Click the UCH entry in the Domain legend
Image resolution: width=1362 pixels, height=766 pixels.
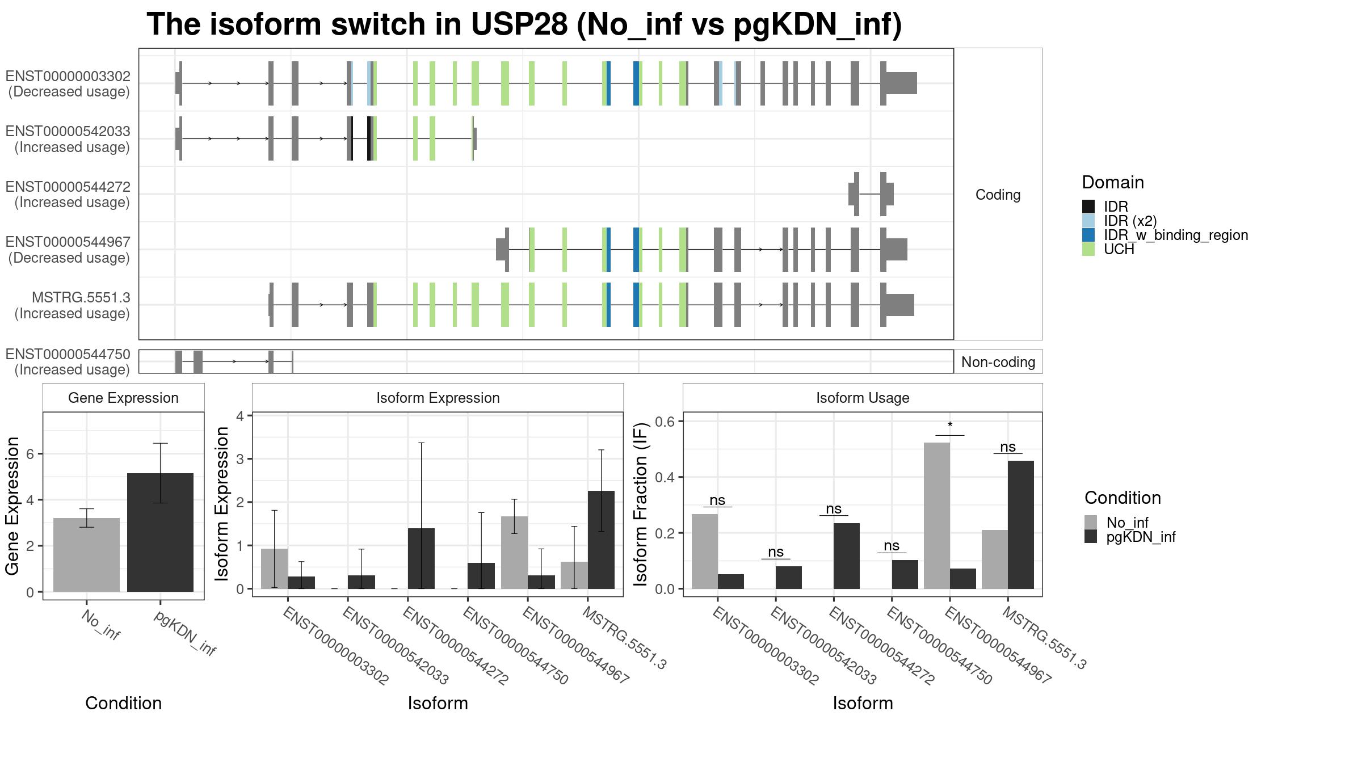[1119, 249]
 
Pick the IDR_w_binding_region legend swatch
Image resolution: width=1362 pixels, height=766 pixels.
[1088, 235]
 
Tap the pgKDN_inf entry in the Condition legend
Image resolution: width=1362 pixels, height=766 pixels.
[1141, 537]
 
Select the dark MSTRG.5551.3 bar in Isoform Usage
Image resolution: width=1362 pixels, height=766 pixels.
[1020, 524]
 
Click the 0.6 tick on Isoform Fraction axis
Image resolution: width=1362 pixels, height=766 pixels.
[665, 421]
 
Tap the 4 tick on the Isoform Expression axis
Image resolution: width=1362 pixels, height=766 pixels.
[239, 416]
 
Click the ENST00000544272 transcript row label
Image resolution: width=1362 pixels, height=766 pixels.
[68, 195]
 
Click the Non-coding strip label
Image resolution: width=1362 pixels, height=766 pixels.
[998, 362]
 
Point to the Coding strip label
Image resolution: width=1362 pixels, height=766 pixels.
[998, 195]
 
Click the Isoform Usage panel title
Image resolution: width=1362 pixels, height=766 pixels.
[862, 398]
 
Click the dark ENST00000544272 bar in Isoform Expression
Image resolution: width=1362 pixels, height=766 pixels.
[421, 558]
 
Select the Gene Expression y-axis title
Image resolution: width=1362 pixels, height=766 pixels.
[12, 505]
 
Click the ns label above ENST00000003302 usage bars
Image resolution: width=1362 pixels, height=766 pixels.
[717, 500]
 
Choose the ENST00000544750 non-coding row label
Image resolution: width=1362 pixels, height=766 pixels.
[68, 362]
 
